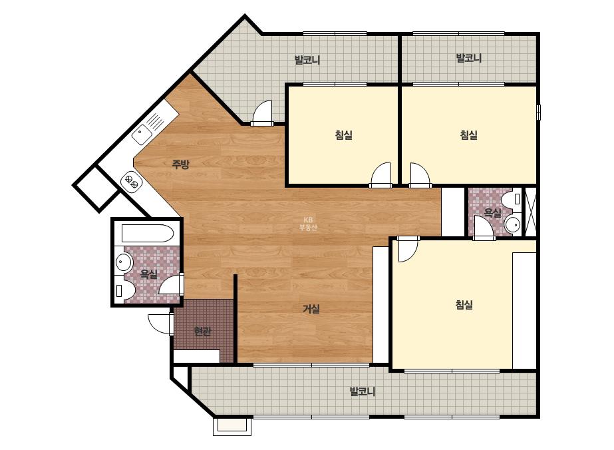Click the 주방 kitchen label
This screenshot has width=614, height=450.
[x=180, y=164]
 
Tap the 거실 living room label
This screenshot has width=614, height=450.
[x=311, y=309]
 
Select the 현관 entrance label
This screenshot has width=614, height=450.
[x=202, y=332]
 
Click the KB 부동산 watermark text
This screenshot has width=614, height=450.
[x=308, y=224]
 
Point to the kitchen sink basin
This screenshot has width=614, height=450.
[x=142, y=134]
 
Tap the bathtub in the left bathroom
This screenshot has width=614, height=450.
[x=147, y=234]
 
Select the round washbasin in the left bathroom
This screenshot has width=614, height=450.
[x=124, y=262]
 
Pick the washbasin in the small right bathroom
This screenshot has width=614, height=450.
[x=512, y=225]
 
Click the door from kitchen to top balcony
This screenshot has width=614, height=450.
[x=261, y=113]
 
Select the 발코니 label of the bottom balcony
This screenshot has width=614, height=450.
[x=362, y=391]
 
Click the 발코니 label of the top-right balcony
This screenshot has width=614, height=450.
[x=469, y=58]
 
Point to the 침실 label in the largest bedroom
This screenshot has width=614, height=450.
[x=464, y=305]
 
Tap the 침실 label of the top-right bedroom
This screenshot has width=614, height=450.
[x=468, y=135]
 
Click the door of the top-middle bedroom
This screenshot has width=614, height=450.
[x=381, y=175]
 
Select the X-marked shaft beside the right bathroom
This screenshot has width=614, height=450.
[x=531, y=212]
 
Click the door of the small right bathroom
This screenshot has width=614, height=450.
[x=484, y=228]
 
